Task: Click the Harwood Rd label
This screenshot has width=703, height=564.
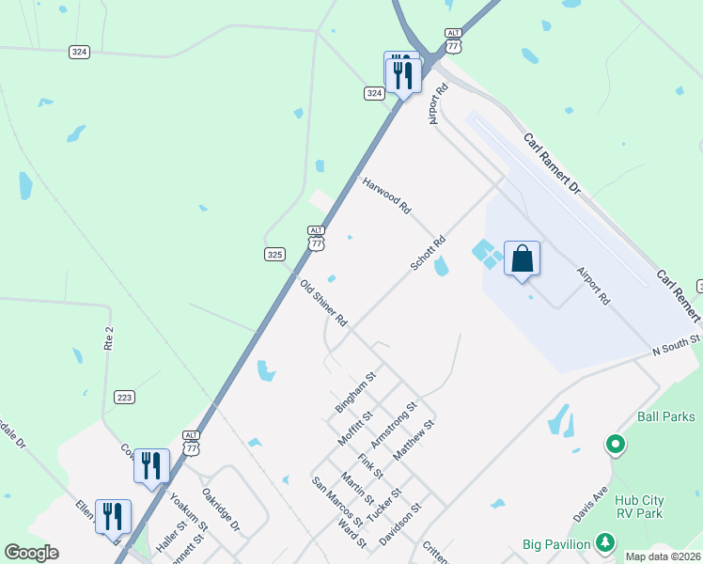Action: tap(386, 195)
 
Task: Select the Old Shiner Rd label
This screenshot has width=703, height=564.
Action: tap(323, 303)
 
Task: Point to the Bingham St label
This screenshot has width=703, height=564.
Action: tap(355, 392)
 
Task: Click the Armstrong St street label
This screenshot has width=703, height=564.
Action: tap(393, 425)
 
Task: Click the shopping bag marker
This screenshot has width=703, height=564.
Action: tap(522, 259)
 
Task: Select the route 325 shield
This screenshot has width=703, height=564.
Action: tap(274, 254)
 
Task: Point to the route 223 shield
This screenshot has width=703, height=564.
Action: tap(124, 398)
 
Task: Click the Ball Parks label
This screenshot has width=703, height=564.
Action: tap(665, 416)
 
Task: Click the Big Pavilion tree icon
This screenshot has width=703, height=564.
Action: tap(606, 542)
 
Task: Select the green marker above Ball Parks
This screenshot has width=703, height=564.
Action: tap(615, 443)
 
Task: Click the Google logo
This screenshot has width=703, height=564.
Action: tap(31, 553)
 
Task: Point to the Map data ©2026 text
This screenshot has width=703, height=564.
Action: tap(663, 556)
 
